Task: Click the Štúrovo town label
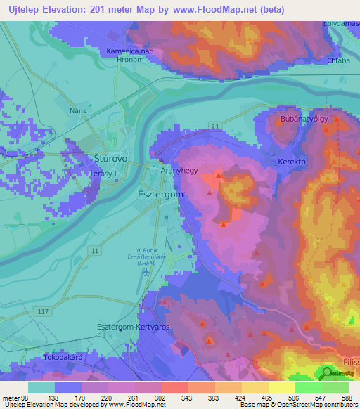110,160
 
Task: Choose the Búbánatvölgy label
304,119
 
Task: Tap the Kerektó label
294,161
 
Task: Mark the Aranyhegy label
177,171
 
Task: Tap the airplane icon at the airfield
146,272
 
